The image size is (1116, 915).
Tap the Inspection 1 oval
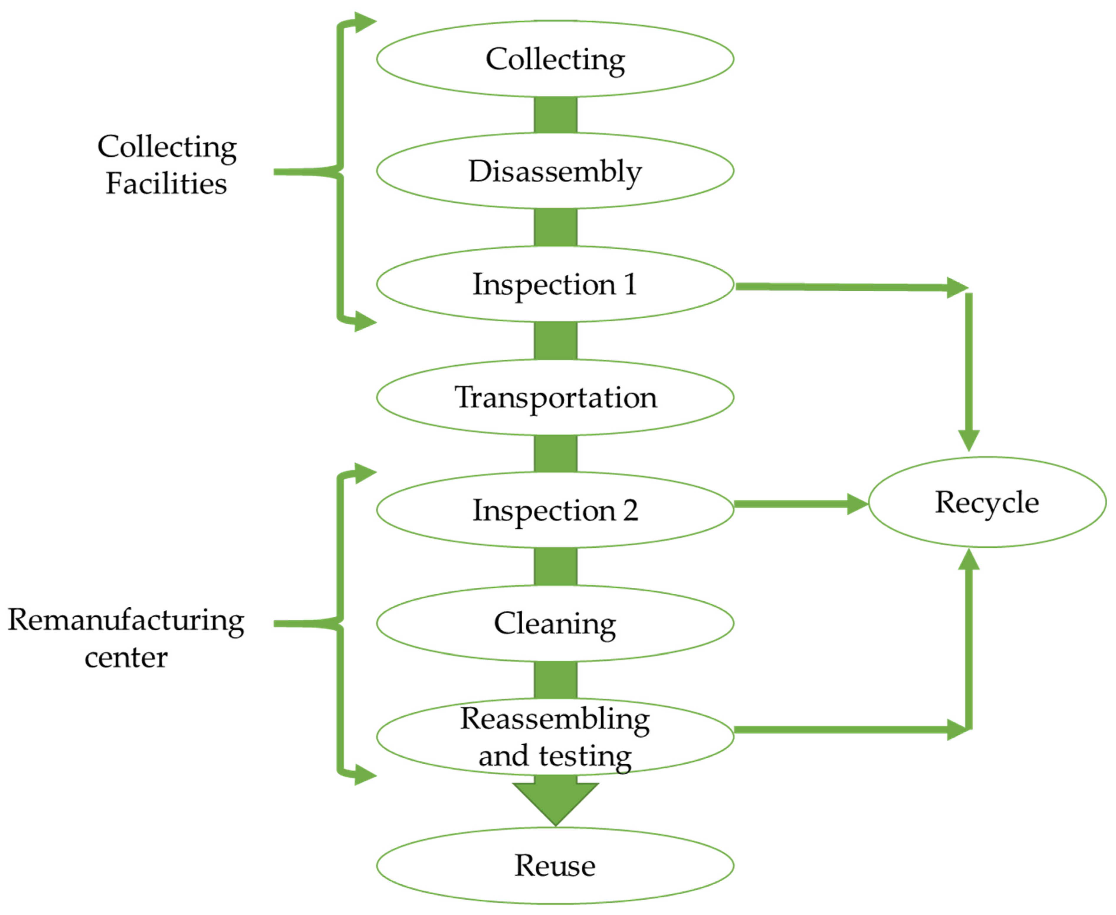555,284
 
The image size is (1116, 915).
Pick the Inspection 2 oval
555,510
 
